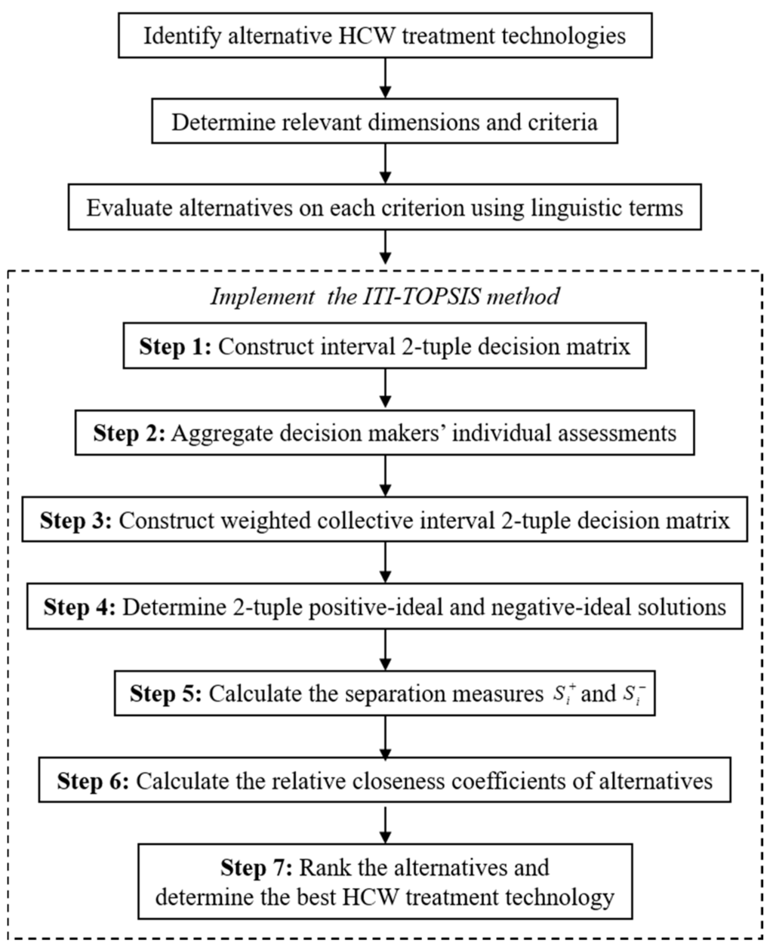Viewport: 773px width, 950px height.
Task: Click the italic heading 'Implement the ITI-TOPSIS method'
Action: click(x=385, y=296)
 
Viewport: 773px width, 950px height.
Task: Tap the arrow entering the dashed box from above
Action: click(x=386, y=247)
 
